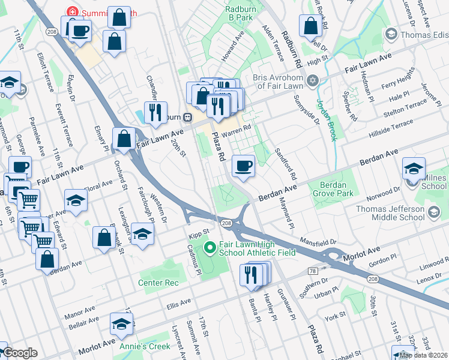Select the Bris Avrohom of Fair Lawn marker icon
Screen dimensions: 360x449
pos(312,80)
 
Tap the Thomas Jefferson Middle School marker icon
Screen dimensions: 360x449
pos(433,212)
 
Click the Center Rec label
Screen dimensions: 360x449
pos(158,283)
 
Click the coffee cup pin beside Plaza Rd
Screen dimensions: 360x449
pos(243,166)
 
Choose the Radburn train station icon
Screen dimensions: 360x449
pos(188,117)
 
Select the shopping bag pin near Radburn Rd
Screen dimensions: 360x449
pos(310,26)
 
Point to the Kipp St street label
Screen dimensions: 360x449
pos(197,232)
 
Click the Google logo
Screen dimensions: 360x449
pos(20,353)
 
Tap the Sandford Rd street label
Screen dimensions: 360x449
pos(285,164)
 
